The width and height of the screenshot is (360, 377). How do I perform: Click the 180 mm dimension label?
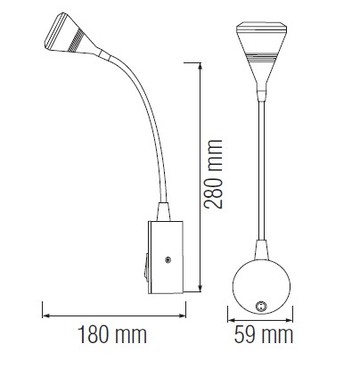[x=112, y=335]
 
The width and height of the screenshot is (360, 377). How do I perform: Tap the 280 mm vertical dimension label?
[x=214, y=174]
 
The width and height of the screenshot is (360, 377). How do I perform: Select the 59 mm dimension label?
[x=263, y=335]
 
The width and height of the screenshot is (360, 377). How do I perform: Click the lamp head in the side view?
[x=72, y=37]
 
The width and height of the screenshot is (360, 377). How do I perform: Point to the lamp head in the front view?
[x=261, y=53]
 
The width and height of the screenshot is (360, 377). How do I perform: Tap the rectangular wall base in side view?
[x=166, y=257]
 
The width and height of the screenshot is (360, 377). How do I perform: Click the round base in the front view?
[x=261, y=287]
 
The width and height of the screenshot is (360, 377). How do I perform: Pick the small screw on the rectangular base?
[x=168, y=259]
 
